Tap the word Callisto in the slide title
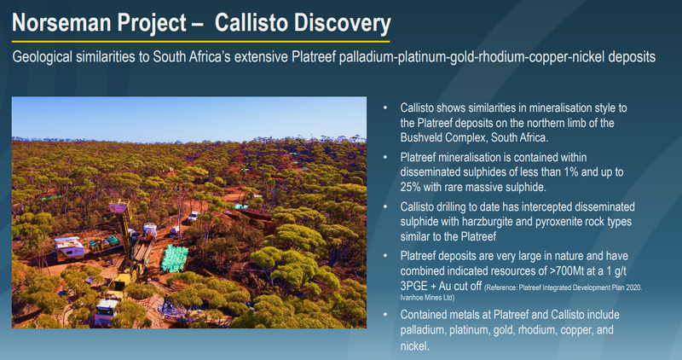click(250, 22)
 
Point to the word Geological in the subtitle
click(42, 57)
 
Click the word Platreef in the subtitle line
click(314, 56)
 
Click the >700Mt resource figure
click(567, 270)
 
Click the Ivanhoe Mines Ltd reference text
click(428, 298)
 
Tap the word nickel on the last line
click(415, 345)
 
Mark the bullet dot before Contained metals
click(385, 314)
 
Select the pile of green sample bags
click(175, 258)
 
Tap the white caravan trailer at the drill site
click(68, 248)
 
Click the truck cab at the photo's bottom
click(106, 311)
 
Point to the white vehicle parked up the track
click(194, 216)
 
